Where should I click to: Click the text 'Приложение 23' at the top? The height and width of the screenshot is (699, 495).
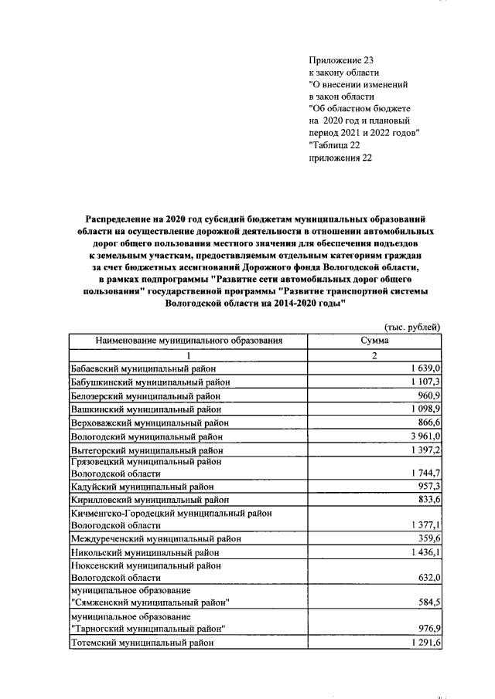coord(341,59)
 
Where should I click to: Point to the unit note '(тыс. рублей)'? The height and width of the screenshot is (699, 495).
coord(412,327)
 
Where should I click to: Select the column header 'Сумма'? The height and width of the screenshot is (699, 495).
coord(374,341)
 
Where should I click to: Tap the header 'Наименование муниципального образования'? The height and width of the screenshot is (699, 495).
coord(189,341)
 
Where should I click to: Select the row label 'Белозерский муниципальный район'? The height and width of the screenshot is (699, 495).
coord(145,396)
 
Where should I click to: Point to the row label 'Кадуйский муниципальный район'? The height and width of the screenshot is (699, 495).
coord(141,487)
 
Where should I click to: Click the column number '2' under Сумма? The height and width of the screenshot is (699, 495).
coord(374,355)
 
